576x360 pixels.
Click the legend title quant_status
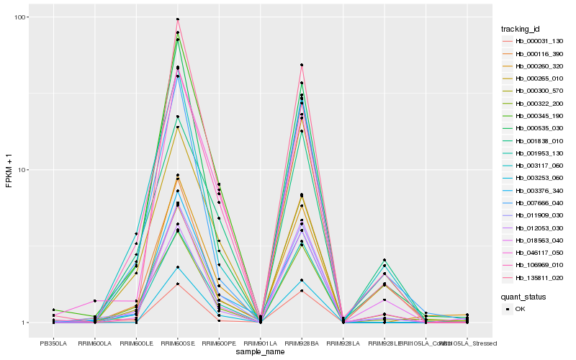523,296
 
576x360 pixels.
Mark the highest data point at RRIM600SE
177,19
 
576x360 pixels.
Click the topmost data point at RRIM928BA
302,66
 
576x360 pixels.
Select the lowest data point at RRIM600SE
177,284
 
